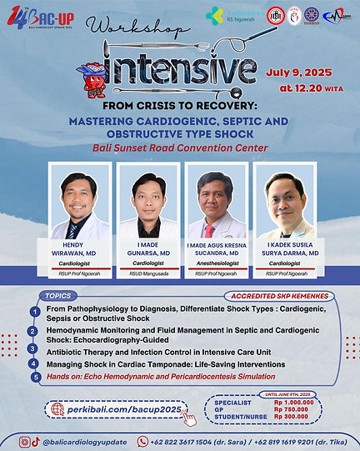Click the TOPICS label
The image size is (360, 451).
point(57,294)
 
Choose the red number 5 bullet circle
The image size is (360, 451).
point(35,377)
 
